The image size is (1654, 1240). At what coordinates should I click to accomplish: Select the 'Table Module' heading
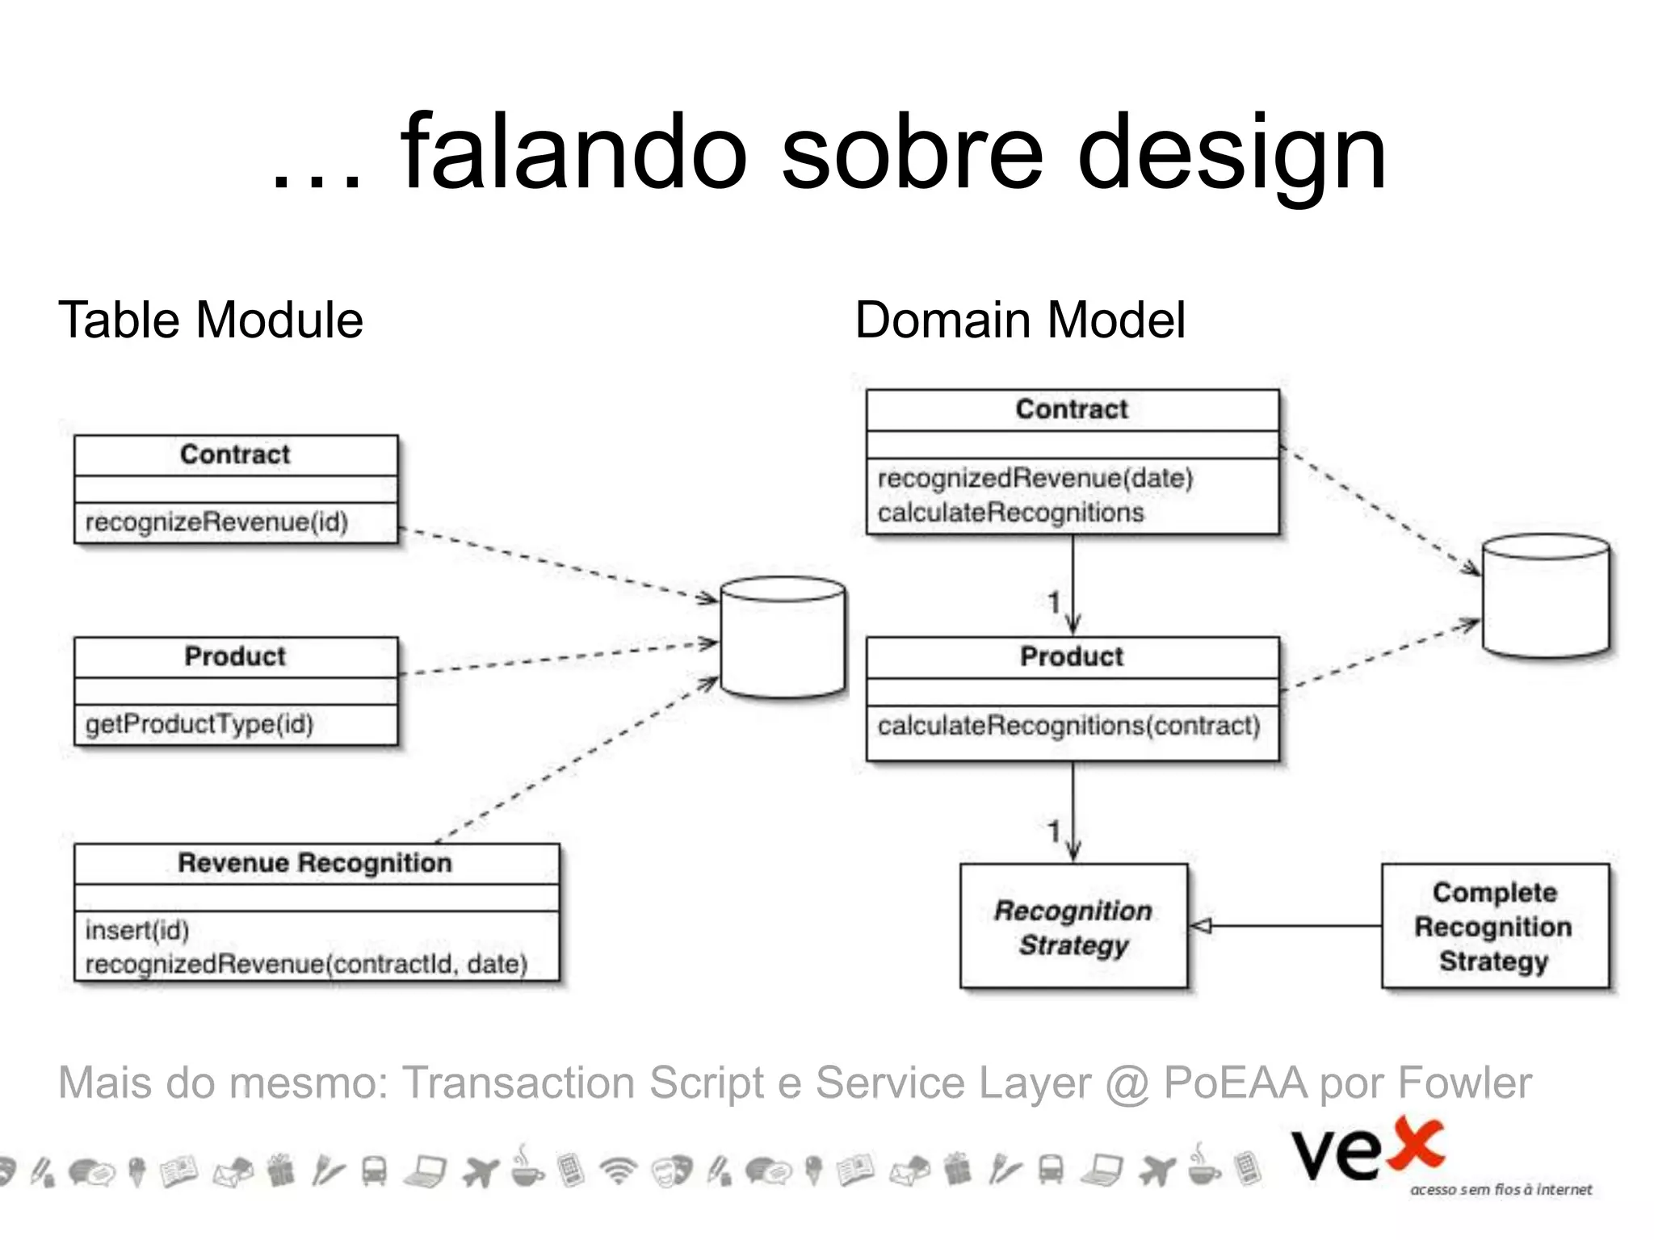(x=211, y=320)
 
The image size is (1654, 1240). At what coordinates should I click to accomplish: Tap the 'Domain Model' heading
(x=1020, y=320)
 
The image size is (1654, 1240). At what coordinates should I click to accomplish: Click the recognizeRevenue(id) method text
(x=216, y=522)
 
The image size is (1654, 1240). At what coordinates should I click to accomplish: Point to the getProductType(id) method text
(x=199, y=724)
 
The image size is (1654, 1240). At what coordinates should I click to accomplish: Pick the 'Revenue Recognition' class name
(x=315, y=863)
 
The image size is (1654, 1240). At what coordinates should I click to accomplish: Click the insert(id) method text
(x=136, y=930)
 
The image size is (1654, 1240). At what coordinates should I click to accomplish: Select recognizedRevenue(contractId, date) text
(x=306, y=964)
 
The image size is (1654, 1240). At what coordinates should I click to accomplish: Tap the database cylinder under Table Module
(x=783, y=637)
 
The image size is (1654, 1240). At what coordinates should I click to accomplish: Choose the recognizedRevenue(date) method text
(x=1035, y=478)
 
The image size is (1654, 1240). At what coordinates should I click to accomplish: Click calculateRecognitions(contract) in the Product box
(x=1068, y=726)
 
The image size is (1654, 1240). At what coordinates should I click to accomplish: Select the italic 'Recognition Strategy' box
(x=1073, y=927)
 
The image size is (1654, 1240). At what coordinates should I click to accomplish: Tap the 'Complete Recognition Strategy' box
(x=1494, y=927)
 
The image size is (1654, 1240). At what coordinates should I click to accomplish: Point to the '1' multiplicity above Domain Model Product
(x=1053, y=601)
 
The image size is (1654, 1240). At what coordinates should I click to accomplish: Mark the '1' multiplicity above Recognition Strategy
(x=1053, y=831)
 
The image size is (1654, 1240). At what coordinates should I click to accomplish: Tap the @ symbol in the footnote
(x=1127, y=1083)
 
